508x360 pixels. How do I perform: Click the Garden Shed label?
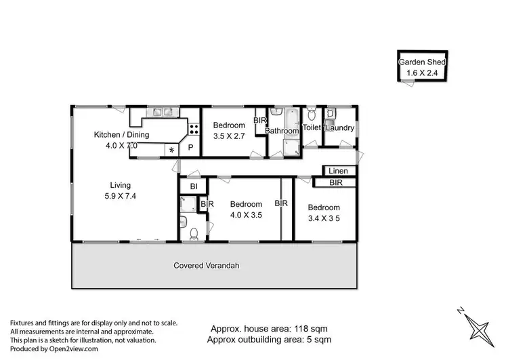tap(422, 61)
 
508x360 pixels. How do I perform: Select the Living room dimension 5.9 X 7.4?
tap(121, 196)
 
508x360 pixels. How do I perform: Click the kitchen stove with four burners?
tap(194, 127)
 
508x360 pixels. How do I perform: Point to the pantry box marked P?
tap(191, 148)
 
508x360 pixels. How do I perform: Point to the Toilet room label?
tap(312, 127)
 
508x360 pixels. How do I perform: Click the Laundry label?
tap(340, 127)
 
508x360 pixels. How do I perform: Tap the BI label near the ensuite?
tap(193, 186)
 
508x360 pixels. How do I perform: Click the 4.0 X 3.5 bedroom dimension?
tap(245, 214)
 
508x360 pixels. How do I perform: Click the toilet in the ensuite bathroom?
tap(194, 233)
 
